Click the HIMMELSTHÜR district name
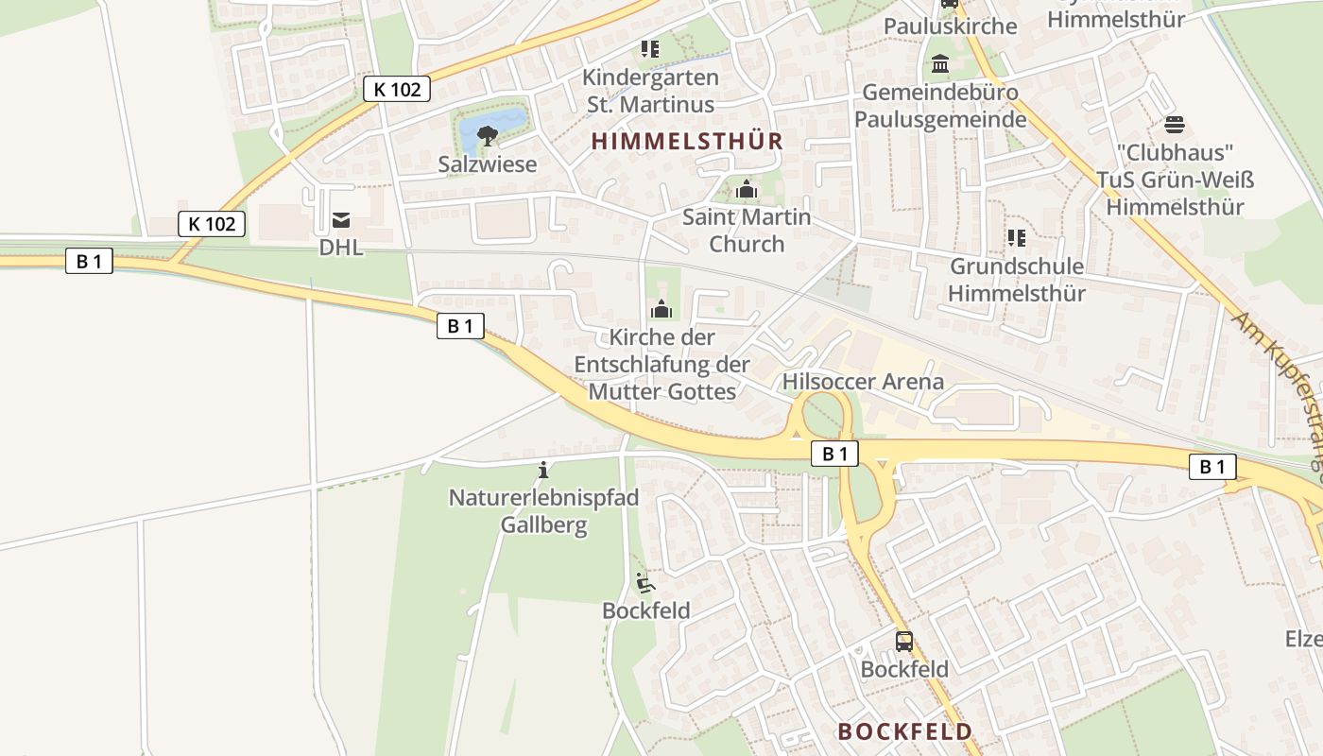(x=687, y=142)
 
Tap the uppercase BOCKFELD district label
(x=904, y=731)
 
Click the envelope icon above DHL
(x=341, y=221)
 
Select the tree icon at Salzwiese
(x=488, y=136)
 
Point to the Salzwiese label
(x=488, y=164)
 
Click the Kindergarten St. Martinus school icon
(x=650, y=49)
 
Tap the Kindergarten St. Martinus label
(x=650, y=91)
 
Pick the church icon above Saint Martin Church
(x=747, y=190)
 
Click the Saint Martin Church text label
(x=747, y=231)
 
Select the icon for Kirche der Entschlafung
(x=661, y=309)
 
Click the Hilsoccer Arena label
(x=863, y=382)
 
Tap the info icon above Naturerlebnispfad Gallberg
(x=543, y=470)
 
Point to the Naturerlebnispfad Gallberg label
(x=543, y=511)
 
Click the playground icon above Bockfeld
(x=645, y=583)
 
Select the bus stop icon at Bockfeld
(x=904, y=642)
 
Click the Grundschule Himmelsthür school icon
(x=1017, y=238)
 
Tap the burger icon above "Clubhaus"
(x=1175, y=125)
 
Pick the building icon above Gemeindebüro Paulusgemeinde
(x=940, y=64)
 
